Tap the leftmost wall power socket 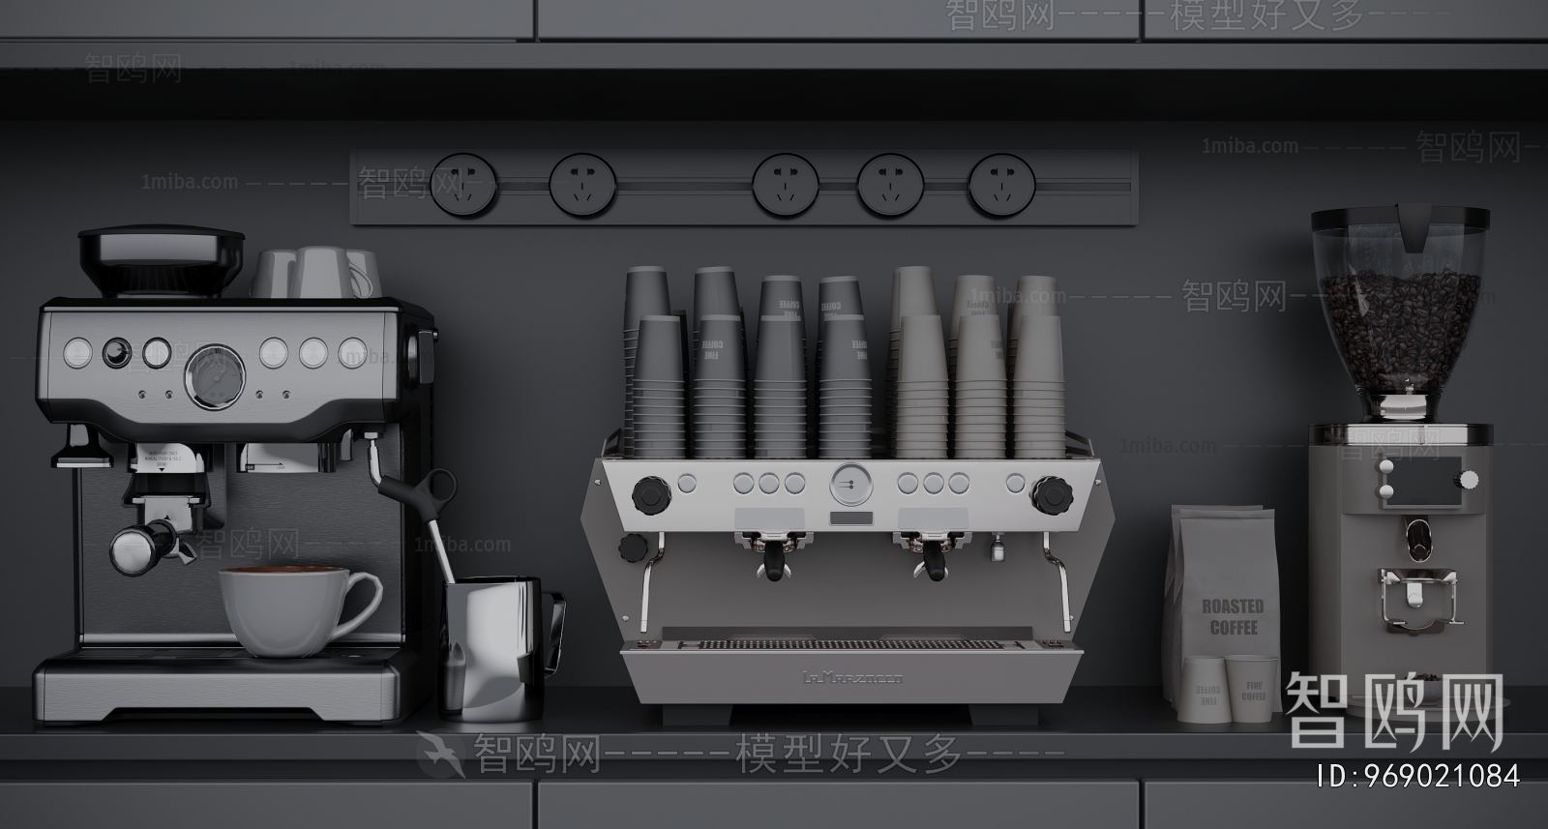click(x=463, y=183)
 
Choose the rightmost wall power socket click(x=1002, y=183)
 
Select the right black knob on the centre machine click(x=1051, y=497)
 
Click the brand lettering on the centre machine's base click(x=852, y=678)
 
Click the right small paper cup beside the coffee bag click(x=1250, y=690)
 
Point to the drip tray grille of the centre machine click(x=851, y=642)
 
